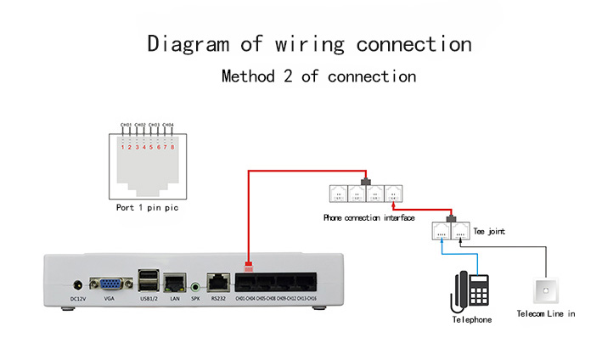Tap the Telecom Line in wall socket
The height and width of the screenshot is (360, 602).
(546, 290)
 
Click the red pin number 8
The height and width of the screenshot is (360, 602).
(173, 147)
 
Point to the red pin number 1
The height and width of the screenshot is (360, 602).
(122, 147)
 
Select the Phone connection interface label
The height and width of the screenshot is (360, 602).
(369, 218)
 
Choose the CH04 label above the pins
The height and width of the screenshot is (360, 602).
(168, 126)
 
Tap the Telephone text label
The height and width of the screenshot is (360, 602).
(471, 319)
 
